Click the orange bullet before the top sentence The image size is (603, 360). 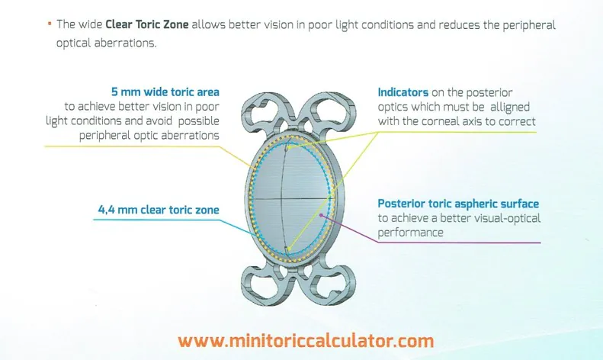click(x=50, y=24)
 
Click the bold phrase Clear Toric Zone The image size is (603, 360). click(x=147, y=24)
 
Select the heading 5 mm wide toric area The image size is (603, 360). click(x=165, y=92)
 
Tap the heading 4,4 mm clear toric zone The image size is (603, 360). click(x=159, y=210)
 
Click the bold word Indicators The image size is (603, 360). click(x=403, y=92)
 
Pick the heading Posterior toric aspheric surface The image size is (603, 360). click(x=458, y=204)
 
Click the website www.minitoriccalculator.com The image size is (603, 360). click(x=306, y=341)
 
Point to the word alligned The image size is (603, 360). click(x=510, y=108)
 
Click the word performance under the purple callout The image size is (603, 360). click(x=410, y=233)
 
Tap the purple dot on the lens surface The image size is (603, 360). click(x=321, y=215)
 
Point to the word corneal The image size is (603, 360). click(x=438, y=121)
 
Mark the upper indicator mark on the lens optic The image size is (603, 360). click(x=287, y=147)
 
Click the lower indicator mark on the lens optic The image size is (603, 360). click(x=287, y=249)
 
